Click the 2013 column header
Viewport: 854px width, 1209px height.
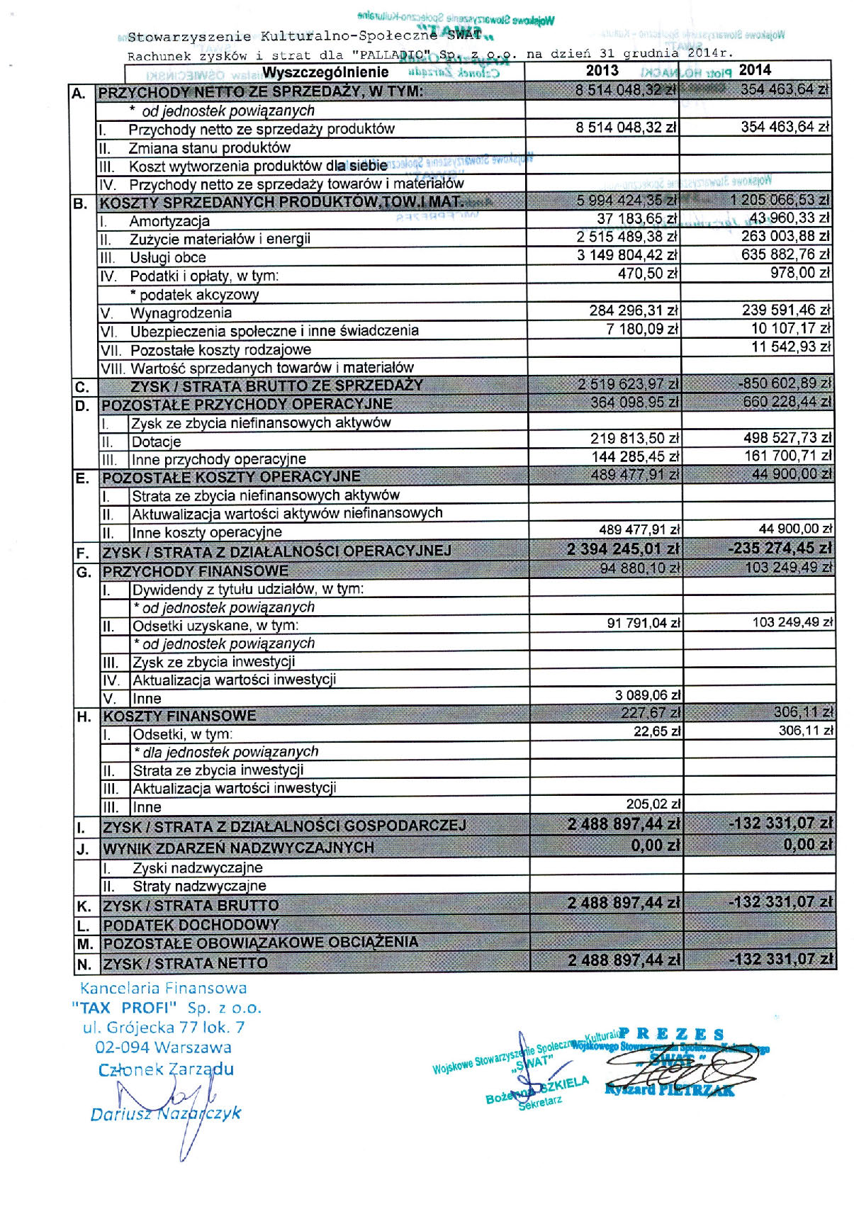(602, 71)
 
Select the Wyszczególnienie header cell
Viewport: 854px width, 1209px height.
(325, 72)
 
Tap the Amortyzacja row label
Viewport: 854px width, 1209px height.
(169, 221)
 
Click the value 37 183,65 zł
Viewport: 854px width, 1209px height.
(637, 218)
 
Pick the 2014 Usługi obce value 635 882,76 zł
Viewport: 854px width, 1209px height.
(785, 254)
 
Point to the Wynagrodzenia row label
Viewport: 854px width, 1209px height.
(181, 313)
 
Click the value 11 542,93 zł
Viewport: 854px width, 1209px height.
(791, 347)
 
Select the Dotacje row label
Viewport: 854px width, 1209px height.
(156, 442)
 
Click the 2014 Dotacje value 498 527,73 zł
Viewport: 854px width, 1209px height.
(787, 439)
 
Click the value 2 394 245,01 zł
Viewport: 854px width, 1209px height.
(624, 549)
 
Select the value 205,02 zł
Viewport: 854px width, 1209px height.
(653, 804)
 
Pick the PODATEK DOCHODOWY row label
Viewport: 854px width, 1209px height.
(191, 926)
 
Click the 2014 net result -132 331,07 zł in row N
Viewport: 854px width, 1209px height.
(781, 960)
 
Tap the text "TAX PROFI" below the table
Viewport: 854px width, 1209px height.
(123, 1008)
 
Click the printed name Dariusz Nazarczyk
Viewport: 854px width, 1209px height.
(165, 1114)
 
